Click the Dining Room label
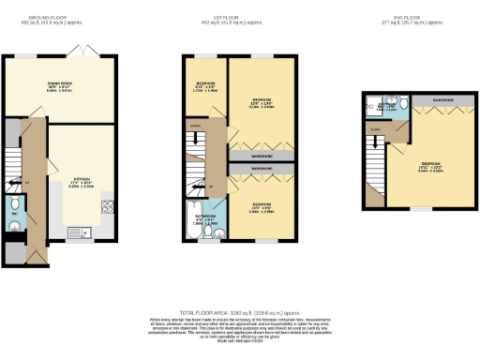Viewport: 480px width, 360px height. (x=60, y=85)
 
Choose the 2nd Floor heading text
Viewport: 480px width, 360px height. (x=405, y=18)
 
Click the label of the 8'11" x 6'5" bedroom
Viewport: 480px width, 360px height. (x=205, y=86)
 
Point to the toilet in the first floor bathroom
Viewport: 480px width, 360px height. (x=217, y=231)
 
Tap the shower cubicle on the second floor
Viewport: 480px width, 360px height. (x=374, y=107)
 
